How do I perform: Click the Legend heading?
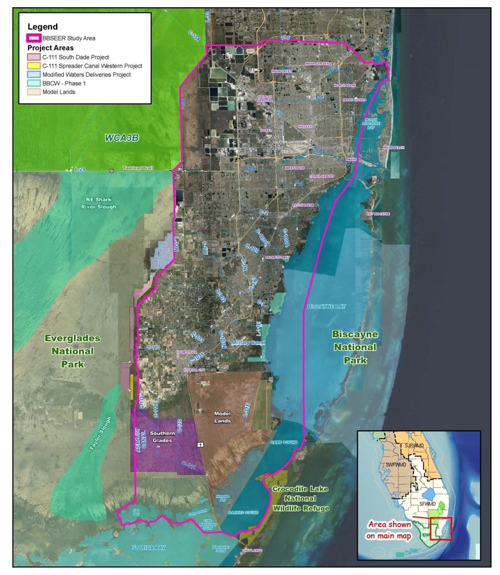tap(42, 26)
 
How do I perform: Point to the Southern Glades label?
tap(162, 436)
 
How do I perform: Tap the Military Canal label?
tap(247, 343)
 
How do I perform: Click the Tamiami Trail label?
tap(139, 169)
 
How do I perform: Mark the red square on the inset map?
tap(441, 528)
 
